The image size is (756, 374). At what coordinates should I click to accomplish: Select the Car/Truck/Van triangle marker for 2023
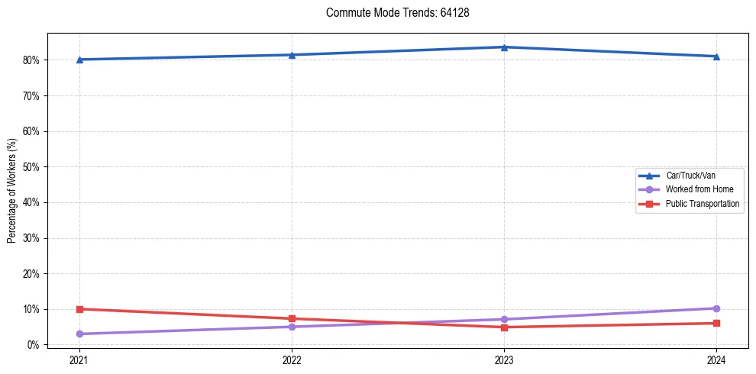[504, 47]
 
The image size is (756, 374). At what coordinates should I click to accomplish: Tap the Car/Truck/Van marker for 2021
[79, 60]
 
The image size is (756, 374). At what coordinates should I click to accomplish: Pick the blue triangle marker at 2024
[716, 56]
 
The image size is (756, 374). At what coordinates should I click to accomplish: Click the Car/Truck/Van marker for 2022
[292, 55]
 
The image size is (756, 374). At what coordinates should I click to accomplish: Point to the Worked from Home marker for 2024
[716, 308]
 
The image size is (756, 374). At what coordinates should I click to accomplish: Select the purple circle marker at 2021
[79, 334]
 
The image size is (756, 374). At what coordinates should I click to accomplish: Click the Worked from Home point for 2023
[504, 319]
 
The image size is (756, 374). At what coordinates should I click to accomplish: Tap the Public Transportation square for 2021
[79, 309]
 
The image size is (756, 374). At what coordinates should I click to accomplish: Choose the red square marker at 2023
[504, 327]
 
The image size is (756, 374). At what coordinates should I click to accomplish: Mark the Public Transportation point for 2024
[716, 323]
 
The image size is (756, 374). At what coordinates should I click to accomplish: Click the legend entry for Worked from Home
[695, 189]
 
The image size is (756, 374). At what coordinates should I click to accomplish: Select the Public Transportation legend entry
[702, 204]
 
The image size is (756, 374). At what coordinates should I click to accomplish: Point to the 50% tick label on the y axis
[31, 166]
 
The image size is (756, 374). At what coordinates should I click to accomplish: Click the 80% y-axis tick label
[31, 60]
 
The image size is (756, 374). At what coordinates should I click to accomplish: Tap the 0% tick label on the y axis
[33, 345]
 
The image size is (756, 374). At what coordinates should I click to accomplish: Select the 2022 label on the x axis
[292, 359]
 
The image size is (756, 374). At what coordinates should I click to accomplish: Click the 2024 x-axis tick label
[716, 359]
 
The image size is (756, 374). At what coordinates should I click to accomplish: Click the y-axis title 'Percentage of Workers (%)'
[11, 191]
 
